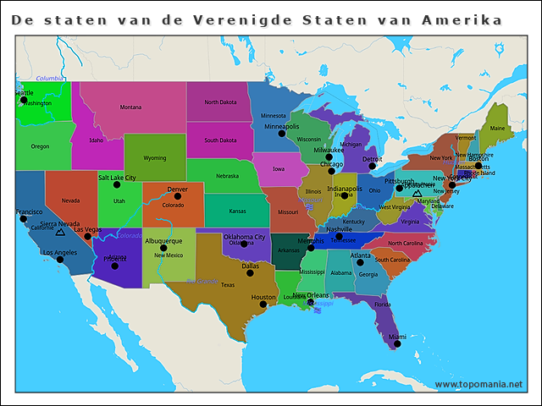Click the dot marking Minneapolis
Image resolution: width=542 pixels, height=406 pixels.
(282, 134)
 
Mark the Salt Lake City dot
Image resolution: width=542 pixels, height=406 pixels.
(117, 184)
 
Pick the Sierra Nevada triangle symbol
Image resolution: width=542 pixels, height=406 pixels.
(59, 230)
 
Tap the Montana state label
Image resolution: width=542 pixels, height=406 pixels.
(130, 107)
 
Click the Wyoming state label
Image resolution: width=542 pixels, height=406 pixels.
(155, 158)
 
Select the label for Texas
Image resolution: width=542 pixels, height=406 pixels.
(228, 285)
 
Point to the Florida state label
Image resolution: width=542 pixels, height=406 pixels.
(383, 304)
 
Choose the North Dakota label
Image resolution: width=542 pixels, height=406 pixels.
(220, 102)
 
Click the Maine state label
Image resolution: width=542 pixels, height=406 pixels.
(497, 129)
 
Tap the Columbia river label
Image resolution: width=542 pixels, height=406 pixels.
(50, 78)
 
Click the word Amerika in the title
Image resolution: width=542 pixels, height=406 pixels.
(460, 19)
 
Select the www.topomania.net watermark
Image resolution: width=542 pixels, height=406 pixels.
(478, 384)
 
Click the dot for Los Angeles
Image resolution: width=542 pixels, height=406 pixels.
(60, 260)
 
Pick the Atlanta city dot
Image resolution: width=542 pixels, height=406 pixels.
(360, 262)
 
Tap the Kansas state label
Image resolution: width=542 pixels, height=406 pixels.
(237, 211)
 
